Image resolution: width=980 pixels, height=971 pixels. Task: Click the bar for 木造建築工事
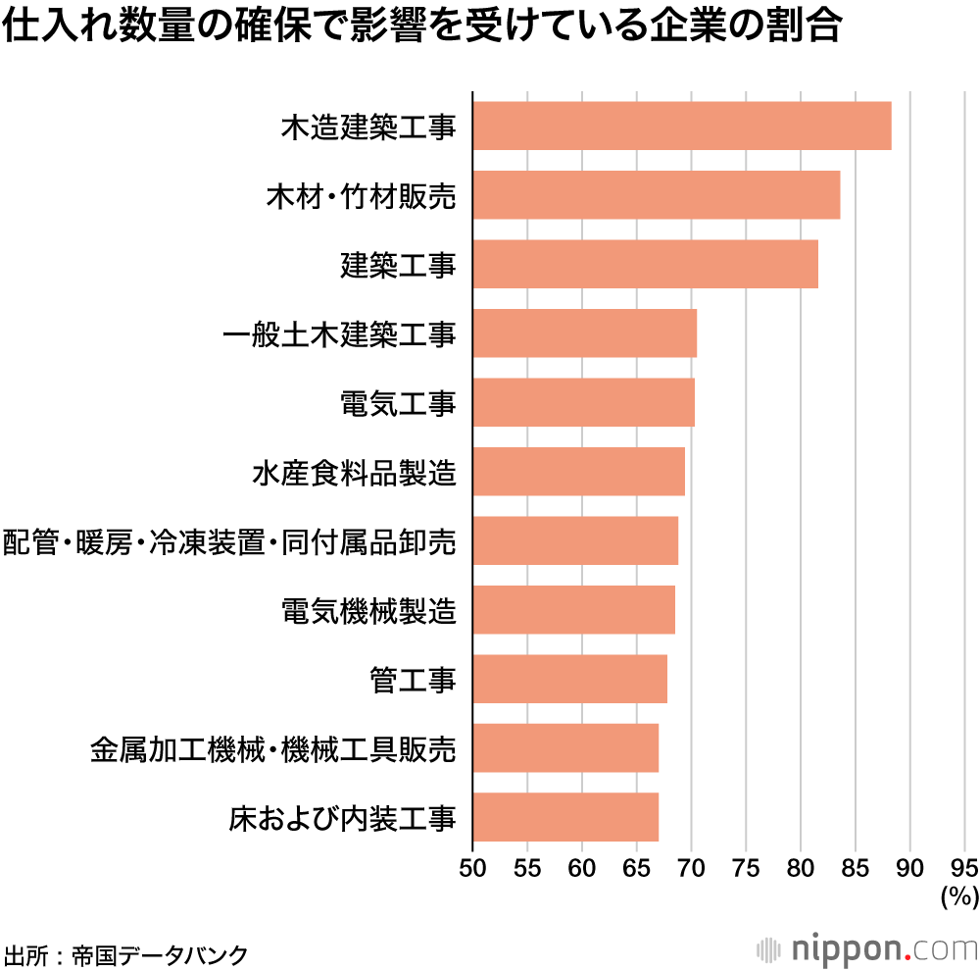[x=681, y=126]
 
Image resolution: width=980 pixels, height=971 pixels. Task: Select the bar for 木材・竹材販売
[x=656, y=195]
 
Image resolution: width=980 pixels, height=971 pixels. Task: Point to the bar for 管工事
[x=569, y=679]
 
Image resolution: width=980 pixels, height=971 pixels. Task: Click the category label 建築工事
[x=398, y=265]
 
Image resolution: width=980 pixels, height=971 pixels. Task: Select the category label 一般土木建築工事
[x=339, y=334]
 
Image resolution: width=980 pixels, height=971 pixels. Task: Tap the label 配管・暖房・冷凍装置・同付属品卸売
[x=230, y=541]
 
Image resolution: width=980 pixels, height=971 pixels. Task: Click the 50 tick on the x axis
[x=472, y=867]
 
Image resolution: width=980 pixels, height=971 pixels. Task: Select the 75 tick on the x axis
[x=746, y=867]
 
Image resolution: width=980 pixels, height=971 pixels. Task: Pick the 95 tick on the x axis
[x=964, y=867]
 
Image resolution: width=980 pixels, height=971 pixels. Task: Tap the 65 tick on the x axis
[x=637, y=867]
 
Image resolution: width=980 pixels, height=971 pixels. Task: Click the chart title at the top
[x=422, y=27]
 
